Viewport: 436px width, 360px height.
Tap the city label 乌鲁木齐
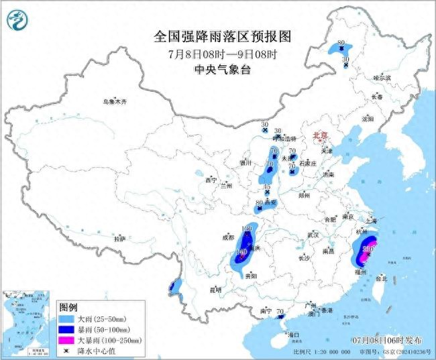point(115,101)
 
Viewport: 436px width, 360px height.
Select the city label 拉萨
point(120,238)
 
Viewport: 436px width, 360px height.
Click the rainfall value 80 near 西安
point(260,202)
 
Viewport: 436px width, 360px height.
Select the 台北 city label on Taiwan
point(380,278)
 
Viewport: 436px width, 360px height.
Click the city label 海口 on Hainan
point(292,334)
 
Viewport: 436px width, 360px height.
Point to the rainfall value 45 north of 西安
point(266,187)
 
